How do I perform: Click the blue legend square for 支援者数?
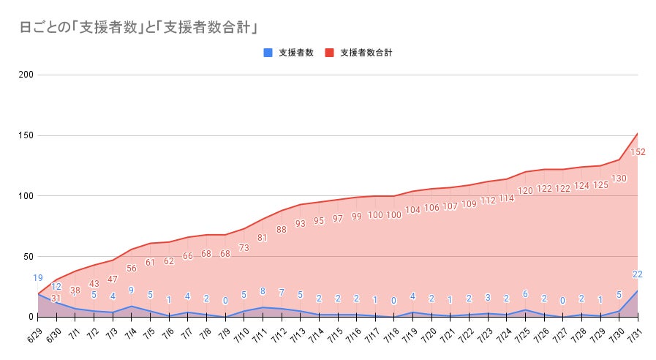pyautogui.click(x=268, y=53)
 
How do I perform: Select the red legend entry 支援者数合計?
pyautogui.click(x=366, y=53)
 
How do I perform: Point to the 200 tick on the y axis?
pyautogui.click(x=26, y=75)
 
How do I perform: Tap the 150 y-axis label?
pyautogui.click(x=26, y=135)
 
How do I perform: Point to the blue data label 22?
pyautogui.click(x=637, y=274)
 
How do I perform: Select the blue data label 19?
pyautogui.click(x=38, y=278)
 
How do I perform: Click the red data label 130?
pyautogui.click(x=618, y=178)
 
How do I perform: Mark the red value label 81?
pyautogui.click(x=263, y=237)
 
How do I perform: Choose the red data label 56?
pyautogui.click(x=132, y=268)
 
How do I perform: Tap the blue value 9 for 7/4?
pyautogui.click(x=131, y=290)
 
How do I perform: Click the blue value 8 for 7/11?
pyautogui.click(x=263, y=291)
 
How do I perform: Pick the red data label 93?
pyautogui.click(x=300, y=223)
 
